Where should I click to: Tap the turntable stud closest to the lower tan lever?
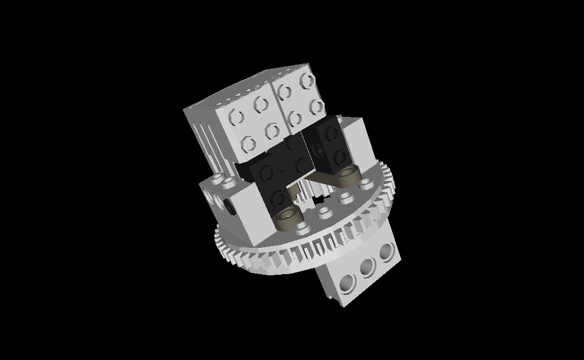tap(302, 227)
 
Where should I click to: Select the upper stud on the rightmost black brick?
tap(332, 133)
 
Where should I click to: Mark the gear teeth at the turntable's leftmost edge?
tap(219, 240)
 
